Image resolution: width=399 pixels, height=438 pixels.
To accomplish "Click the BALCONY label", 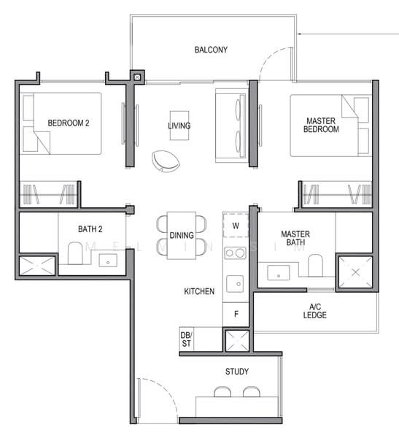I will coord(211,50).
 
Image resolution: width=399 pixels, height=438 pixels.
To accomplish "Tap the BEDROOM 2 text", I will coord(68,123).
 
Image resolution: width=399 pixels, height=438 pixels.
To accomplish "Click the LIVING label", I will coord(179,126).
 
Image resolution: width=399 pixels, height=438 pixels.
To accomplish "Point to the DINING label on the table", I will coord(181,235).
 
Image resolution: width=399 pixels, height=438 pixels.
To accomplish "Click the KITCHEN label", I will coord(198,291).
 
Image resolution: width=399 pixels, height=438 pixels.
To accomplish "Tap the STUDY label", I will coord(236,372).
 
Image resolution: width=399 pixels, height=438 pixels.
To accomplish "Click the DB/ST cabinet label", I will coord(186,339).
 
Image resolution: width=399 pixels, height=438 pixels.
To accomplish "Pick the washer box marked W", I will coord(235,226).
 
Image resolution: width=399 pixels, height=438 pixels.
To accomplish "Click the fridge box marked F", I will coord(235,315).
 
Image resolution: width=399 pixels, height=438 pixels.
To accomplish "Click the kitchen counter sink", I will coord(235,282).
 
